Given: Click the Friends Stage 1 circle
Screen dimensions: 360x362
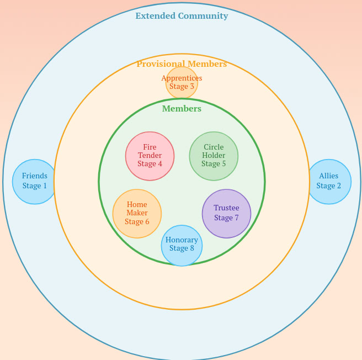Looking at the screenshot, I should [x=34, y=182].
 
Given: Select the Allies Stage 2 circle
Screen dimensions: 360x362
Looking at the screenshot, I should [x=329, y=182].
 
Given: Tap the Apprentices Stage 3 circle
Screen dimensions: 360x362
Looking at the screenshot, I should [x=182, y=83].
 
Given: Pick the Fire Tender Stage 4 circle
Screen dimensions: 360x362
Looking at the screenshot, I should [x=150, y=156].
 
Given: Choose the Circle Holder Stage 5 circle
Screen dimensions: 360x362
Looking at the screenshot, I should [x=214, y=156].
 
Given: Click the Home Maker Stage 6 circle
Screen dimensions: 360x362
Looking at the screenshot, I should [x=137, y=214].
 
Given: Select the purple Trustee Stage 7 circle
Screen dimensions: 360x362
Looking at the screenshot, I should [x=227, y=214].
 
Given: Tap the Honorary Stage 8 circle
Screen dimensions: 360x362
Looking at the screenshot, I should [x=182, y=245].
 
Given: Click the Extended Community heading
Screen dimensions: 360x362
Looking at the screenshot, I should [x=182, y=15].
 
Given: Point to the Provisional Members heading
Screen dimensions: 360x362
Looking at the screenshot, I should [x=182, y=64].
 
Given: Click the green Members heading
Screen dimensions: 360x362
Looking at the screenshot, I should [x=182, y=109].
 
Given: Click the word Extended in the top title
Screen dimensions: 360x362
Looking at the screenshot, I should [x=156, y=15].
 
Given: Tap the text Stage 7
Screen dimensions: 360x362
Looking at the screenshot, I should [x=227, y=218].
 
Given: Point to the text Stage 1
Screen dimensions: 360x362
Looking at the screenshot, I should [x=34, y=186].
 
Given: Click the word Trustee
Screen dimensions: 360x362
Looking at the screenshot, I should [x=227, y=208].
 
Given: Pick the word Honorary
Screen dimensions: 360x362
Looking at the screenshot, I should [x=182, y=240].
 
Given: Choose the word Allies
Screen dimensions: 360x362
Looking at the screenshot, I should [x=329, y=176].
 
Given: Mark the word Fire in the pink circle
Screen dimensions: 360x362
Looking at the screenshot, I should [x=150, y=147].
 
